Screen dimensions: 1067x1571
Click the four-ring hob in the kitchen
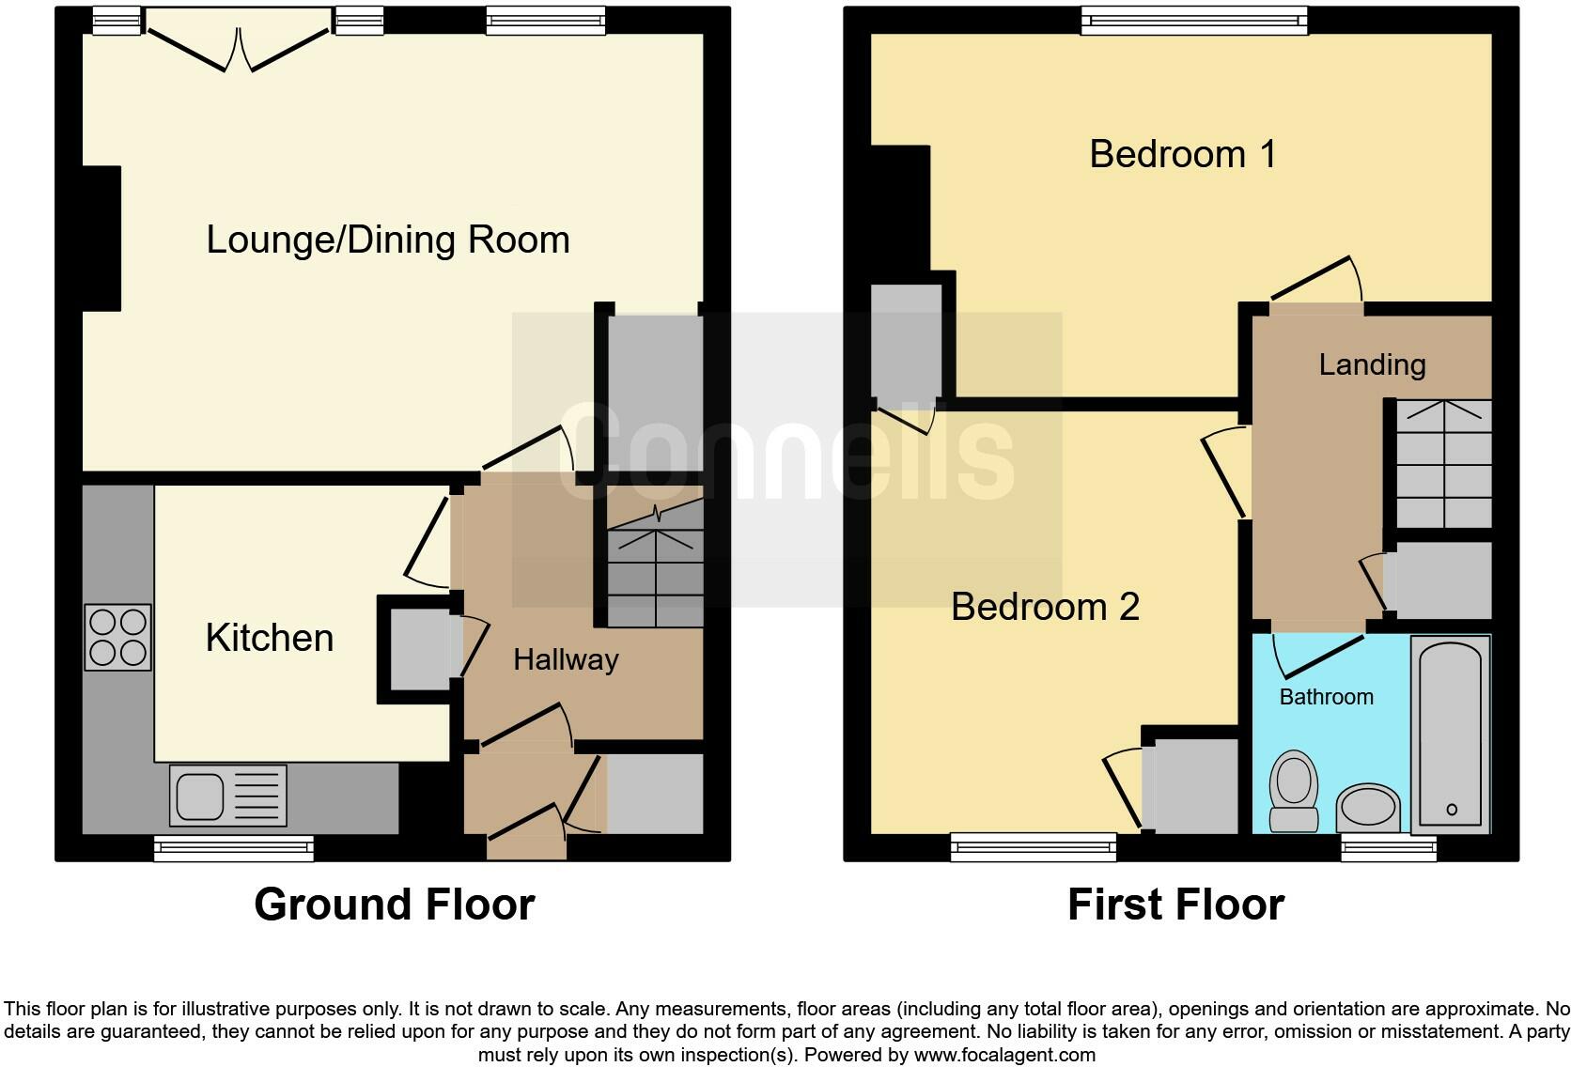[x=117, y=637]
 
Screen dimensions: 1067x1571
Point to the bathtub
[x=1451, y=735]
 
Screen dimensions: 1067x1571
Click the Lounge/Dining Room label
[x=388, y=240]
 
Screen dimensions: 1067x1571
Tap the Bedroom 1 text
[x=1183, y=154]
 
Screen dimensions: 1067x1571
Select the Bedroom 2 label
[x=1045, y=607]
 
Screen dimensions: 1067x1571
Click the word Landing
[x=1372, y=364]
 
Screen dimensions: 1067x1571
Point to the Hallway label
[x=566, y=659]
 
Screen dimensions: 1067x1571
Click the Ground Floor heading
[x=394, y=905]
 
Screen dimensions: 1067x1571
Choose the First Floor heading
[x=1175, y=905]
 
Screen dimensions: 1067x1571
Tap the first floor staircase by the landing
[x=1443, y=463]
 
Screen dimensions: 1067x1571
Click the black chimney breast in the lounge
[x=101, y=239]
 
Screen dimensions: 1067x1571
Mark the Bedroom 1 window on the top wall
[x=1193, y=21]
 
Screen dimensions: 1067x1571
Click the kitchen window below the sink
[x=234, y=849]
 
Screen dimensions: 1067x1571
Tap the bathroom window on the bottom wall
[x=1388, y=849]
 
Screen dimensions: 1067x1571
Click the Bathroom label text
[x=1326, y=697]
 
